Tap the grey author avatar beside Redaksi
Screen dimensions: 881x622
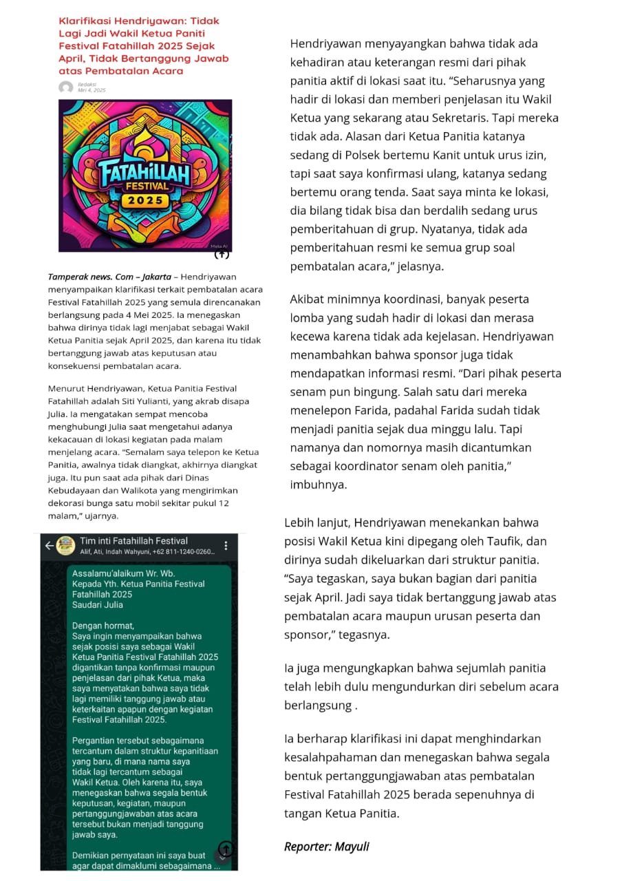pyautogui.click(x=66, y=87)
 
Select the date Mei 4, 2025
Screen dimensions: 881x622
pyautogui.click(x=92, y=90)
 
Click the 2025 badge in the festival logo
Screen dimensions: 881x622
pyautogui.click(x=145, y=200)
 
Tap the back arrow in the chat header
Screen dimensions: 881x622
pyautogui.click(x=49, y=545)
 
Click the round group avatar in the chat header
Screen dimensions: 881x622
pyautogui.click(x=66, y=545)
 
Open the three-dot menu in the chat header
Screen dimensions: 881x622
pyautogui.click(x=226, y=545)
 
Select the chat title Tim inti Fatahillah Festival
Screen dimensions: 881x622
pyautogui.click(x=133, y=541)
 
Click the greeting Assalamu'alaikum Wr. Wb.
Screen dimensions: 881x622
pyautogui.click(x=124, y=573)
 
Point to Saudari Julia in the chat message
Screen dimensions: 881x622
pyautogui.click(x=98, y=605)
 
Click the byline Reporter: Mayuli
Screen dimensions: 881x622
pyautogui.click(x=326, y=847)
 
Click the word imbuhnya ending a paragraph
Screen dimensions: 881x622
pyautogui.click(x=319, y=485)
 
